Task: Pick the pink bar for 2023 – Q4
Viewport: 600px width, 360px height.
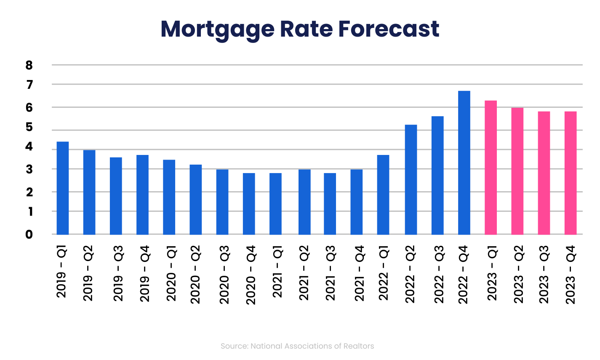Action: coord(571,173)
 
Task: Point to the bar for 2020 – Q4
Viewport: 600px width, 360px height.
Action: coord(249,204)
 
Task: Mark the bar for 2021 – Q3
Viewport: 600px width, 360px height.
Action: coord(330,204)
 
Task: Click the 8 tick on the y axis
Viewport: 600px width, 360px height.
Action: coord(29,65)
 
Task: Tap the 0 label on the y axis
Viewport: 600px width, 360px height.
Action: coord(29,235)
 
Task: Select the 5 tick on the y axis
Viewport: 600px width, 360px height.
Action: coord(29,127)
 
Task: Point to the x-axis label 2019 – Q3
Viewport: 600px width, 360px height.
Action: coord(119,274)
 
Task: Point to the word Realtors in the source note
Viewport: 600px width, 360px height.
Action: coord(360,346)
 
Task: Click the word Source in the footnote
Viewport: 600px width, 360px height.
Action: coord(234,346)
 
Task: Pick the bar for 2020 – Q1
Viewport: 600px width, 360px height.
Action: coord(169,197)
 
